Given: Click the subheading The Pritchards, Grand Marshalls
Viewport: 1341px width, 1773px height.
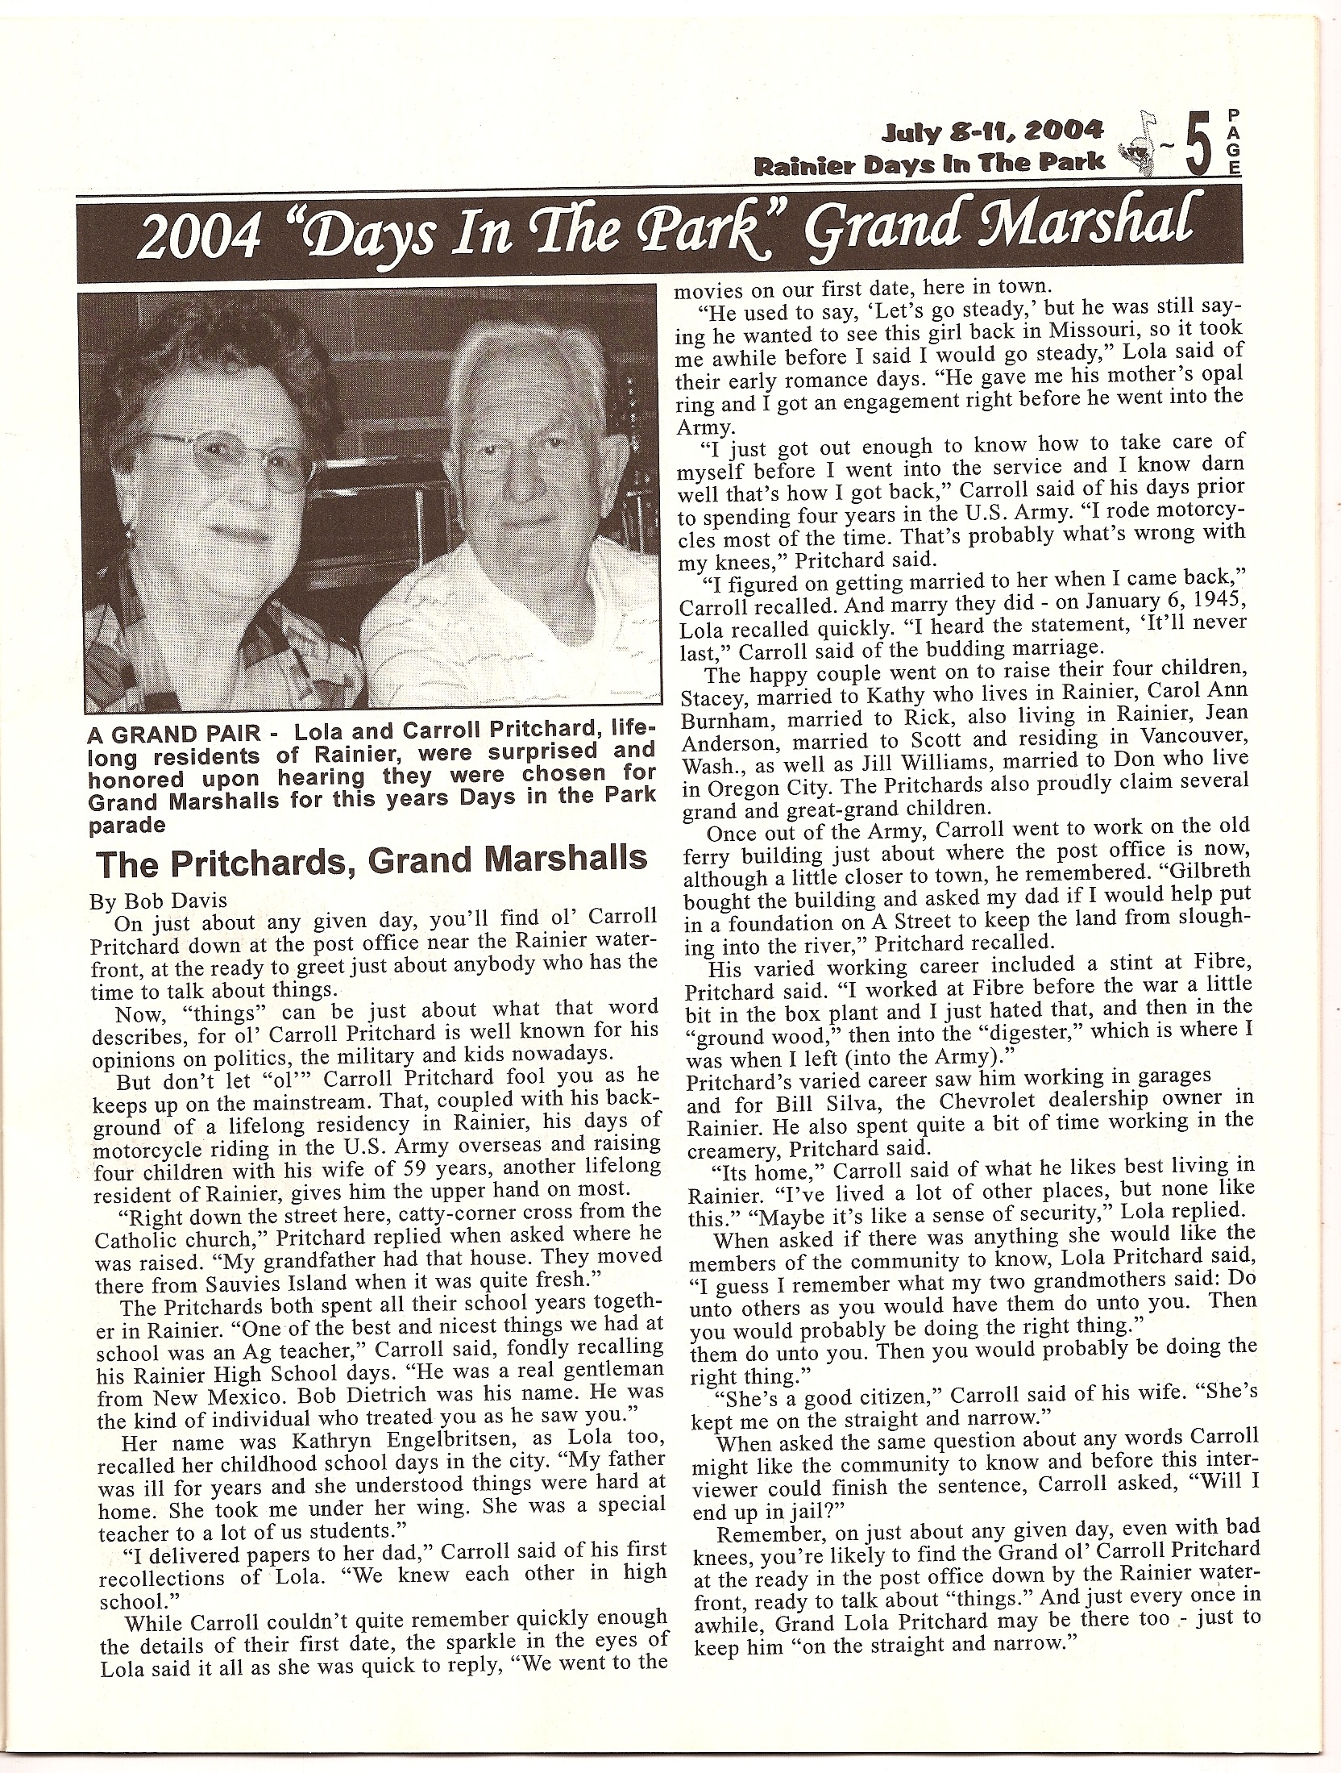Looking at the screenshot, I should [x=372, y=859].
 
